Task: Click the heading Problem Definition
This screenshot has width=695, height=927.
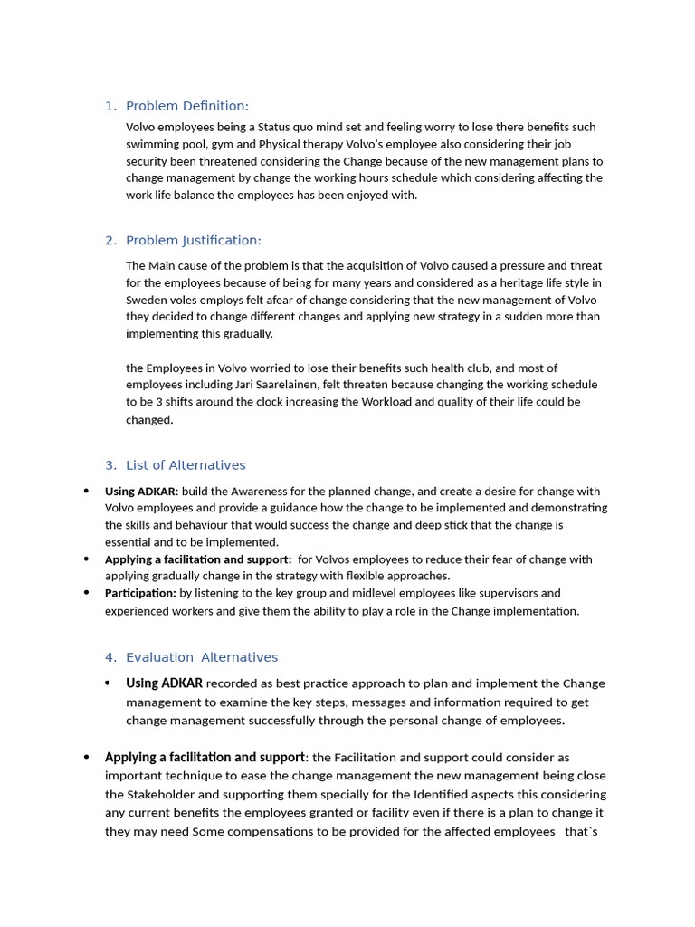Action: pyautogui.click(x=186, y=106)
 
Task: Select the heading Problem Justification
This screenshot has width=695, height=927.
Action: pyautogui.click(x=193, y=240)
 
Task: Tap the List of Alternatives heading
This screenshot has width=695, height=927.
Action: pyautogui.click(x=186, y=465)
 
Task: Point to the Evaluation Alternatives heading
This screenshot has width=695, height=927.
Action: pyautogui.click(x=202, y=657)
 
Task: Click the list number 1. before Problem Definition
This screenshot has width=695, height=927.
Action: pyautogui.click(x=110, y=106)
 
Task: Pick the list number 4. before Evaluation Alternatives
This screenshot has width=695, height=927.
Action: pyautogui.click(x=110, y=657)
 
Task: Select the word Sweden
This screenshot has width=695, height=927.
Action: pyautogui.click(x=146, y=300)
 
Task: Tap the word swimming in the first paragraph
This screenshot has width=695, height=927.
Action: pyautogui.click(x=151, y=144)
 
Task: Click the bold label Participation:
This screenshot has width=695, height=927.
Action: pyautogui.click(x=140, y=593)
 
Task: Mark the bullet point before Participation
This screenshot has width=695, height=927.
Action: pyautogui.click(x=86, y=593)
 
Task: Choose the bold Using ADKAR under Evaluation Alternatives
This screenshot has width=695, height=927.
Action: pyautogui.click(x=164, y=683)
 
